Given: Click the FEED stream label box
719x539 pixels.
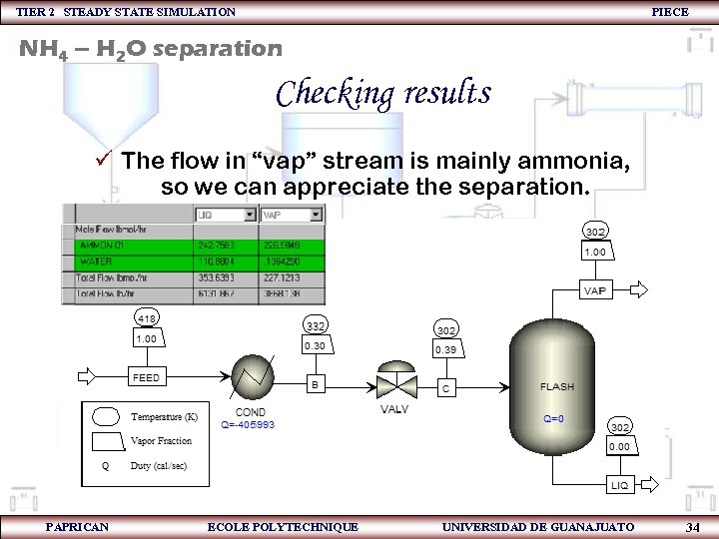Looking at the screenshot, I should click(x=147, y=378).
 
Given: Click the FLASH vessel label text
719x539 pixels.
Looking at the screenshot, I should click(x=557, y=387).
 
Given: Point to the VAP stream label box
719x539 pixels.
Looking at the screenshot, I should click(x=595, y=290).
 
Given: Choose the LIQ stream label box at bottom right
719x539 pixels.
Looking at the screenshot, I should click(x=619, y=485).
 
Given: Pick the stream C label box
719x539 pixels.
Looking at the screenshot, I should click(x=446, y=386).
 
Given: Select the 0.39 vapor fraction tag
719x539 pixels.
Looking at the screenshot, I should click(x=446, y=350).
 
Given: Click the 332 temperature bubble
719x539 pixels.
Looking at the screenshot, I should click(x=316, y=325).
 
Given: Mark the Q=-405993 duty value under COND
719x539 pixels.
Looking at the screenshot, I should click(x=248, y=424).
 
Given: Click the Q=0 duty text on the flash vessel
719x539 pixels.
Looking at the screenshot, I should click(x=553, y=419).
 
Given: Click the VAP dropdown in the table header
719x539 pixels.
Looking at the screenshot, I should click(x=292, y=214).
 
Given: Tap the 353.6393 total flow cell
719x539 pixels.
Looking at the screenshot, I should click(x=217, y=277).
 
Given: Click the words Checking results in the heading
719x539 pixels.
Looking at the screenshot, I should click(x=383, y=94).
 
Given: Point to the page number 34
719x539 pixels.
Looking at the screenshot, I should click(x=693, y=527).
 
